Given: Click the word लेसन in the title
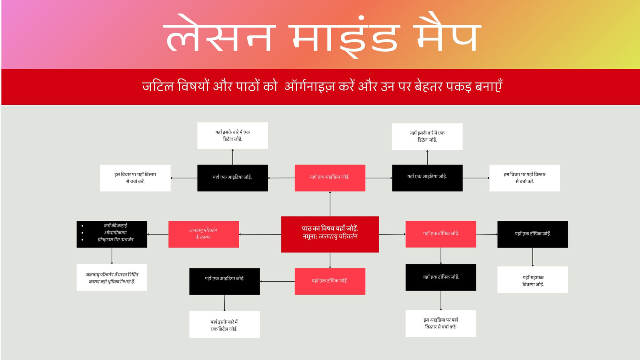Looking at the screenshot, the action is pos(219,34).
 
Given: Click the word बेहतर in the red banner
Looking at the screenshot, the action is pos(424,86).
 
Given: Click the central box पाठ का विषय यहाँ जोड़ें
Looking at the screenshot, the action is pos(330,234).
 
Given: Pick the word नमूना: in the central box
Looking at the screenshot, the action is pos(310,236).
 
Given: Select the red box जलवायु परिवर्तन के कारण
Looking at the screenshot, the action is pos(204,234).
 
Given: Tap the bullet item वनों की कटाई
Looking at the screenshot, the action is pos(116,226).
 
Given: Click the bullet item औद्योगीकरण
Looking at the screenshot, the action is pos(116,232).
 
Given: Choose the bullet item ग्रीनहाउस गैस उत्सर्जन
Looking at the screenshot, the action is pos(116,240).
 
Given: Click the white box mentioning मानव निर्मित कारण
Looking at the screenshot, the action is pos(112,278).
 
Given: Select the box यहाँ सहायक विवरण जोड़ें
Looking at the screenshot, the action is pos(532,280).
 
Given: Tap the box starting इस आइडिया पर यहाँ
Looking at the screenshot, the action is pos(441,324).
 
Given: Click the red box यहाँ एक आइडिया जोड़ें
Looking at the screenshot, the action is pos(330,178).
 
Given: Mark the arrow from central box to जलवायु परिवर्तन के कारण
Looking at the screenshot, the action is pos(260,234).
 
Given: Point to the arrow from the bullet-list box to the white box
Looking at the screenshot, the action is pos(112,256).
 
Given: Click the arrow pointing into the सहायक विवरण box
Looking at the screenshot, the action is pos(532,257).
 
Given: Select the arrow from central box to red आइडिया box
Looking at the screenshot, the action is pos(330,204).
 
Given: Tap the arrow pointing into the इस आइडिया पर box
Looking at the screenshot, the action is pos(441,300).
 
